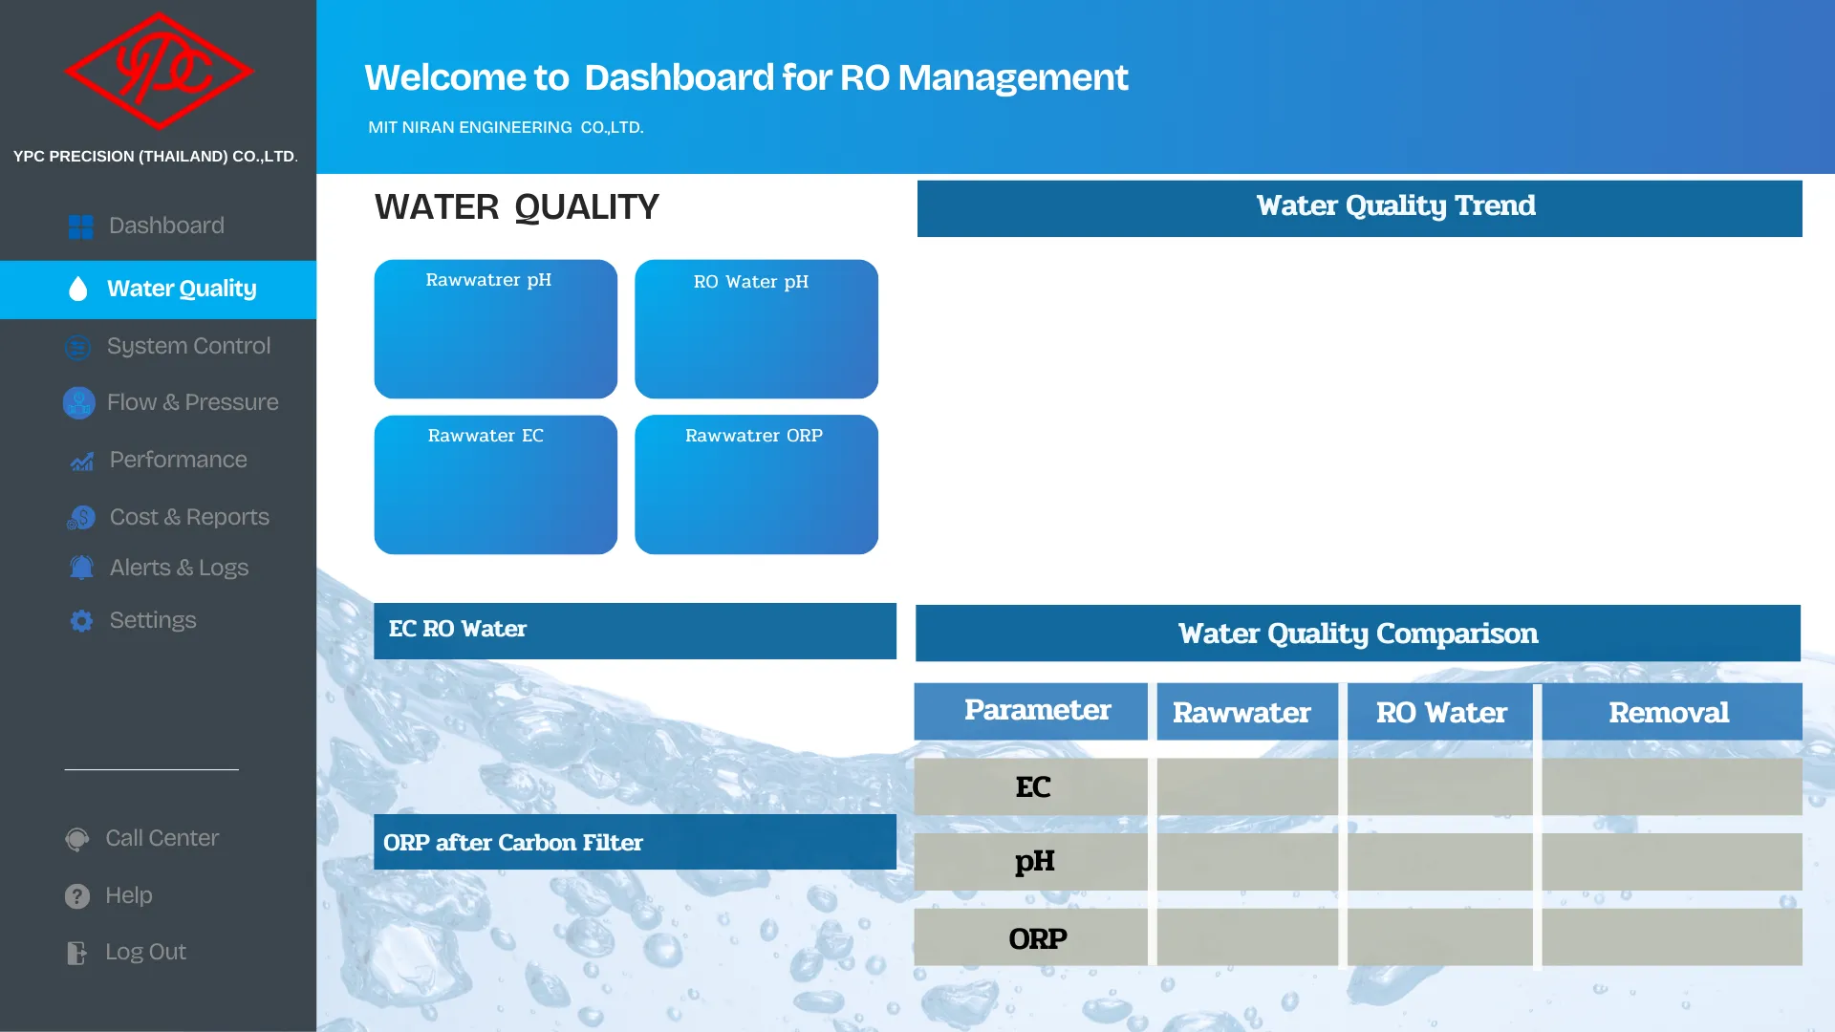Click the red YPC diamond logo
pos(159,71)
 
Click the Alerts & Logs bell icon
pos(81,568)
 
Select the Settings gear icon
pos(81,621)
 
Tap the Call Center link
pos(162,838)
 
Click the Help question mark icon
pos(77,896)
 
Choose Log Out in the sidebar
pos(145,952)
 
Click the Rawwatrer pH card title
pos(488,280)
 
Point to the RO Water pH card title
pos(751,282)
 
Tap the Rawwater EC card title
pos(486,436)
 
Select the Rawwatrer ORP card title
pos(754,436)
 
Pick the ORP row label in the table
pos(1038,938)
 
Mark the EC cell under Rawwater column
pos(1247,786)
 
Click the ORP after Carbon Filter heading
pos(513,843)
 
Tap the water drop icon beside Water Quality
pos(78,289)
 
